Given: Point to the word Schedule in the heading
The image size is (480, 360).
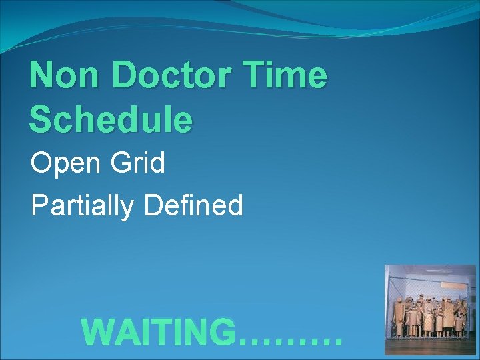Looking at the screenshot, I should click(x=111, y=119).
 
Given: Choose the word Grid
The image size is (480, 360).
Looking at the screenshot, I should click(x=139, y=163).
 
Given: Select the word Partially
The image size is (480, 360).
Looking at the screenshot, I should click(x=83, y=206).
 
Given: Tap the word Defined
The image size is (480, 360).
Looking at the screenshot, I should click(x=193, y=205).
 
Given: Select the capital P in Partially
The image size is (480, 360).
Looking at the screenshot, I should click(x=39, y=205).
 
